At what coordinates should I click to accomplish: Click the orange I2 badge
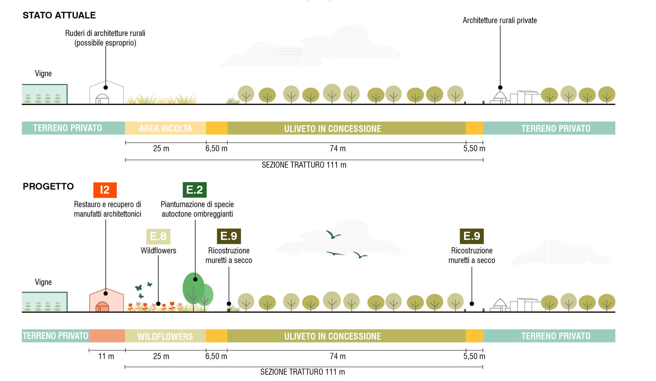[x=105, y=190]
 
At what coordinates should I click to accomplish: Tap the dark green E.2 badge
[x=194, y=190]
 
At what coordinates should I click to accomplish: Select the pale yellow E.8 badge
[x=158, y=236]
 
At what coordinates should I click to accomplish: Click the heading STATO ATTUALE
[x=59, y=15]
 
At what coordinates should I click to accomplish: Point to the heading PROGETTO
[x=48, y=186]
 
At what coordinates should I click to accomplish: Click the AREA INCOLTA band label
[x=165, y=129]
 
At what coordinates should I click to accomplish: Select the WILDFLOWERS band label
[x=165, y=336]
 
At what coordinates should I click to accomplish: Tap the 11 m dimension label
[x=106, y=356]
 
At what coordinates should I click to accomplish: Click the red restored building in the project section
[x=106, y=301]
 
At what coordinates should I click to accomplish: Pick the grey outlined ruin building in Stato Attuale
[x=106, y=94]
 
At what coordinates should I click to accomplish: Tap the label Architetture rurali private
[x=499, y=20]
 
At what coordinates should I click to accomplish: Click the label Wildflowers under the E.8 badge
[x=158, y=250]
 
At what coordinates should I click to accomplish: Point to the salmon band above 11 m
[x=107, y=336]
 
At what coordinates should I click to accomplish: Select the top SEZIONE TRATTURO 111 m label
[x=304, y=165]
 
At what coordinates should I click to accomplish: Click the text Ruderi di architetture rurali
[x=105, y=33]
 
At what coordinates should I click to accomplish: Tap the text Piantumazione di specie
[x=197, y=204]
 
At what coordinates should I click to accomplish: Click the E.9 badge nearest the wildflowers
[x=228, y=236]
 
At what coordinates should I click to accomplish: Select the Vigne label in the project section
[x=43, y=282]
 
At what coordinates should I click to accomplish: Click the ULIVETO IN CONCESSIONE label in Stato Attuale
[x=333, y=129]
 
